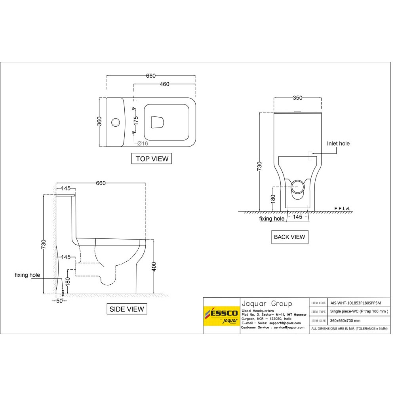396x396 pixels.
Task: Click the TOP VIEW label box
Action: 152,159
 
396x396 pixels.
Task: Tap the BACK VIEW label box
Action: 289,237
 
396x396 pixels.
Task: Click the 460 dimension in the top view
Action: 164,84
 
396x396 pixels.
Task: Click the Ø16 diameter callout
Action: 143,143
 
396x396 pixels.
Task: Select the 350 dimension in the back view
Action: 297,97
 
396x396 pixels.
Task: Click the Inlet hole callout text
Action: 338,144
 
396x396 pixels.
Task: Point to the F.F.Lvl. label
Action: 343,208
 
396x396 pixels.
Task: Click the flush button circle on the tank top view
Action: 116,122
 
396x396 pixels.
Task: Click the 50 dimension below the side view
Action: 59,301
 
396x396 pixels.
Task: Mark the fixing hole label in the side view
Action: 27,275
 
